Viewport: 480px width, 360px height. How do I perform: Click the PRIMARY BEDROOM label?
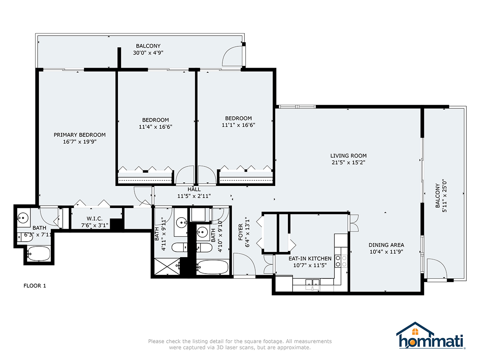(x=80, y=135)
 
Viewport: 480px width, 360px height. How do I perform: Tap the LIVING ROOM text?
(x=348, y=156)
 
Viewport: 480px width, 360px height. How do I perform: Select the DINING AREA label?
(x=386, y=245)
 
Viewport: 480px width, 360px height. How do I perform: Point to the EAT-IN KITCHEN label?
(x=310, y=258)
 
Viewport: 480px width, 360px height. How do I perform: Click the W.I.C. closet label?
(x=95, y=218)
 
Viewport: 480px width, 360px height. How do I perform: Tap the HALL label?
(x=194, y=189)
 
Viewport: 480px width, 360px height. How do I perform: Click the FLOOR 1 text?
(x=35, y=286)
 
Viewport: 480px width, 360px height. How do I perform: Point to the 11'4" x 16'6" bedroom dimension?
(x=155, y=126)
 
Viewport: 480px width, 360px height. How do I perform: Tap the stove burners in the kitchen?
(x=341, y=261)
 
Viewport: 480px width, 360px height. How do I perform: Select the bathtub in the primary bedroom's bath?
(x=38, y=253)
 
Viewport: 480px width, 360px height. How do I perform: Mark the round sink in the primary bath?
(x=22, y=218)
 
